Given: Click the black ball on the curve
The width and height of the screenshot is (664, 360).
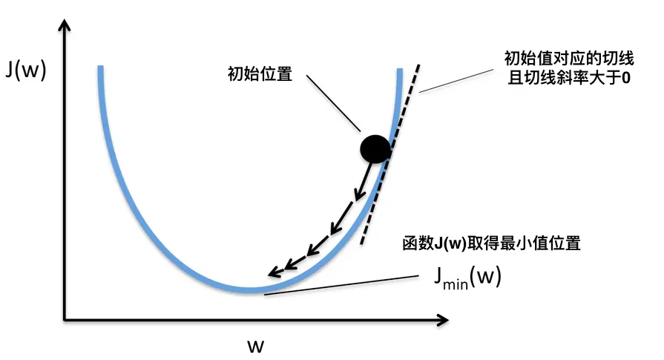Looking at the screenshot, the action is [375, 148].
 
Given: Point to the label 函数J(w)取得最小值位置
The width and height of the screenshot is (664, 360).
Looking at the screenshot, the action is [490, 243].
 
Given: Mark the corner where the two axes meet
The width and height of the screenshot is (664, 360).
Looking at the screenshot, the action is [65, 320].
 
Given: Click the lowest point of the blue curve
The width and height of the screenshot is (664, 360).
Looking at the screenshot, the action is [252, 289].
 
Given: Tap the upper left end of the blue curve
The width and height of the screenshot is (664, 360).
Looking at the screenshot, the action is [99, 69].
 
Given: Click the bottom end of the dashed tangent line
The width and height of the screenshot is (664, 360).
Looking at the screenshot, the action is [361, 244].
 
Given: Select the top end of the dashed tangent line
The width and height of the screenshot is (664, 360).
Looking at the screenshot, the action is [421, 64].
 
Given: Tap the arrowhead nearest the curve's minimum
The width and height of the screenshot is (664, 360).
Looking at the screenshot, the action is [273, 272].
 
